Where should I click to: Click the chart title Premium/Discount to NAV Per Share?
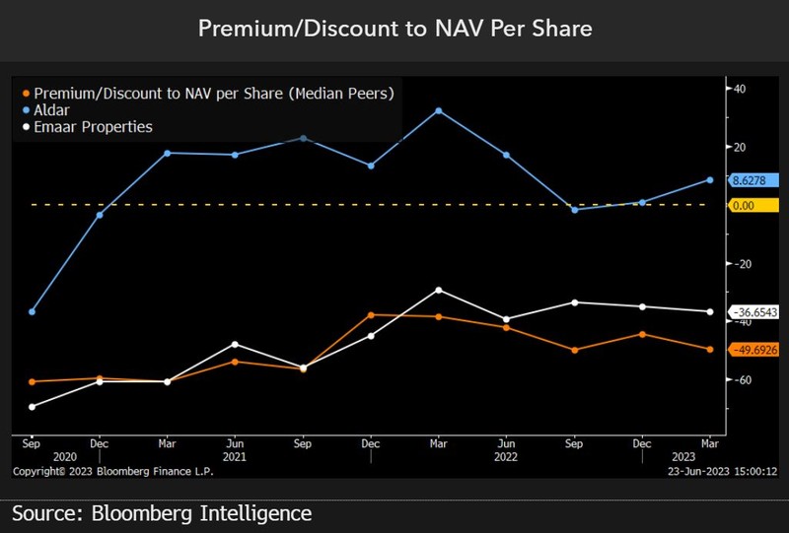[394, 29]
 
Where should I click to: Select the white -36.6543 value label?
[753, 311]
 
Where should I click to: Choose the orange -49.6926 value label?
[753, 350]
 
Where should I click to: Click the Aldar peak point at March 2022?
[438, 110]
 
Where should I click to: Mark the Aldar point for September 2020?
[32, 311]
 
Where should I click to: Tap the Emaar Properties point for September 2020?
[32, 407]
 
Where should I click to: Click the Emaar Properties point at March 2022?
[438, 290]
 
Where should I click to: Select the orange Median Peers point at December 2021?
[371, 315]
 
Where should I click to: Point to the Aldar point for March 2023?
[709, 180]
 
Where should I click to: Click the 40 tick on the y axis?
[738, 89]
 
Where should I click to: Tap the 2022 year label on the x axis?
[504, 457]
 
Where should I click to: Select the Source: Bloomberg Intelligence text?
[162, 513]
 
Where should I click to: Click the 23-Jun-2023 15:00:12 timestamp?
[724, 472]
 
